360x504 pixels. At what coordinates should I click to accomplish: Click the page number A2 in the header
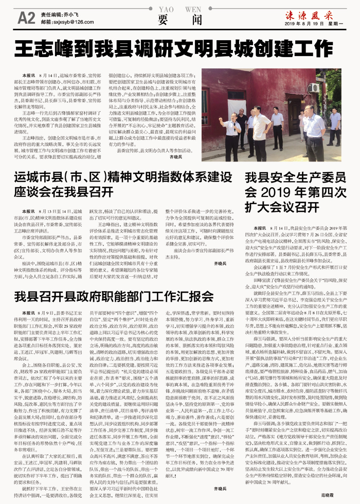coord(26,18)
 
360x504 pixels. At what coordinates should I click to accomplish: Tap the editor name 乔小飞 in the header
coord(70,15)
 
